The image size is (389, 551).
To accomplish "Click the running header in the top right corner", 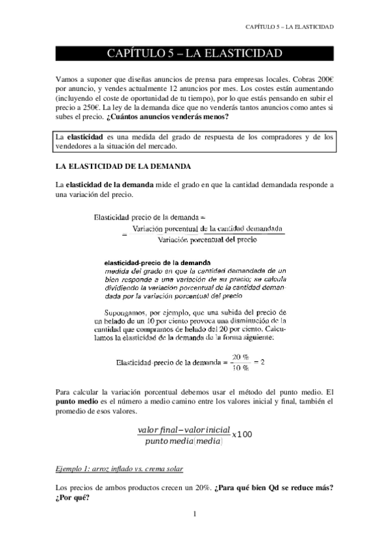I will tap(290, 27).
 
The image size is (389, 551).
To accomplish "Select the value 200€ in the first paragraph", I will tap(323, 78).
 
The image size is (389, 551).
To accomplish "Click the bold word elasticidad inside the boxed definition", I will tap(84, 137).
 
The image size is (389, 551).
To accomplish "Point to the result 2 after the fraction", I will tap(262, 362).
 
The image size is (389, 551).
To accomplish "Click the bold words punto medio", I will tap(77, 403).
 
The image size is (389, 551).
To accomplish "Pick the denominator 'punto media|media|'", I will tap(180, 442).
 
